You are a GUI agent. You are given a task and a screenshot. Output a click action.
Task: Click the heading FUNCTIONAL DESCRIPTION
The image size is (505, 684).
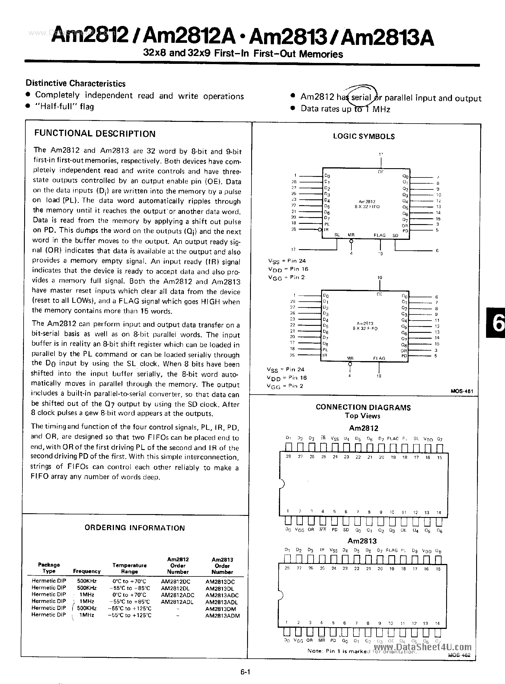click(95, 133)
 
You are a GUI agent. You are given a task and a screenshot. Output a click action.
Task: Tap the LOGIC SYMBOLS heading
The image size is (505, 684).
click(364, 136)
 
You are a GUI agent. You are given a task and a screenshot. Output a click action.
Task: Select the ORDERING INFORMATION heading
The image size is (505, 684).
click(135, 528)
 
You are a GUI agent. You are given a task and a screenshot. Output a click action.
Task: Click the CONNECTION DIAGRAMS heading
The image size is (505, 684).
click(363, 407)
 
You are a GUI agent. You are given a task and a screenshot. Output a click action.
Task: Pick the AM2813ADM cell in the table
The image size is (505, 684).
click(223, 616)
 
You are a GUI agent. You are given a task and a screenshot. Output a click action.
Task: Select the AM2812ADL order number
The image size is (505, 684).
click(177, 602)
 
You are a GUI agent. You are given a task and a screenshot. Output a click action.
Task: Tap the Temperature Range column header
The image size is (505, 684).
click(130, 568)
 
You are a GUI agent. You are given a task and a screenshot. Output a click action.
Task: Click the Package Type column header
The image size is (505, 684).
click(49, 568)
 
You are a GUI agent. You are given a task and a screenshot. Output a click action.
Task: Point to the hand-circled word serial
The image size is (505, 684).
click(361, 98)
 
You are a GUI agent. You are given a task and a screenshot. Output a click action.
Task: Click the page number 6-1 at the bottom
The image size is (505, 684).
click(245, 672)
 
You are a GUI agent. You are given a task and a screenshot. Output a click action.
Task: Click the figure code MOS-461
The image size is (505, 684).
click(462, 391)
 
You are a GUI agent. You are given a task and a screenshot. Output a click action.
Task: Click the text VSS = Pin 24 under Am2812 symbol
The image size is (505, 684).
click(287, 261)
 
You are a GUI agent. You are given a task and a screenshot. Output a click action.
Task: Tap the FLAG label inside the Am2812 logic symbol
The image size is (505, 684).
click(380, 235)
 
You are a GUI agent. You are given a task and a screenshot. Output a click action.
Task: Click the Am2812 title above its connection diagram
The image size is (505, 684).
click(363, 428)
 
